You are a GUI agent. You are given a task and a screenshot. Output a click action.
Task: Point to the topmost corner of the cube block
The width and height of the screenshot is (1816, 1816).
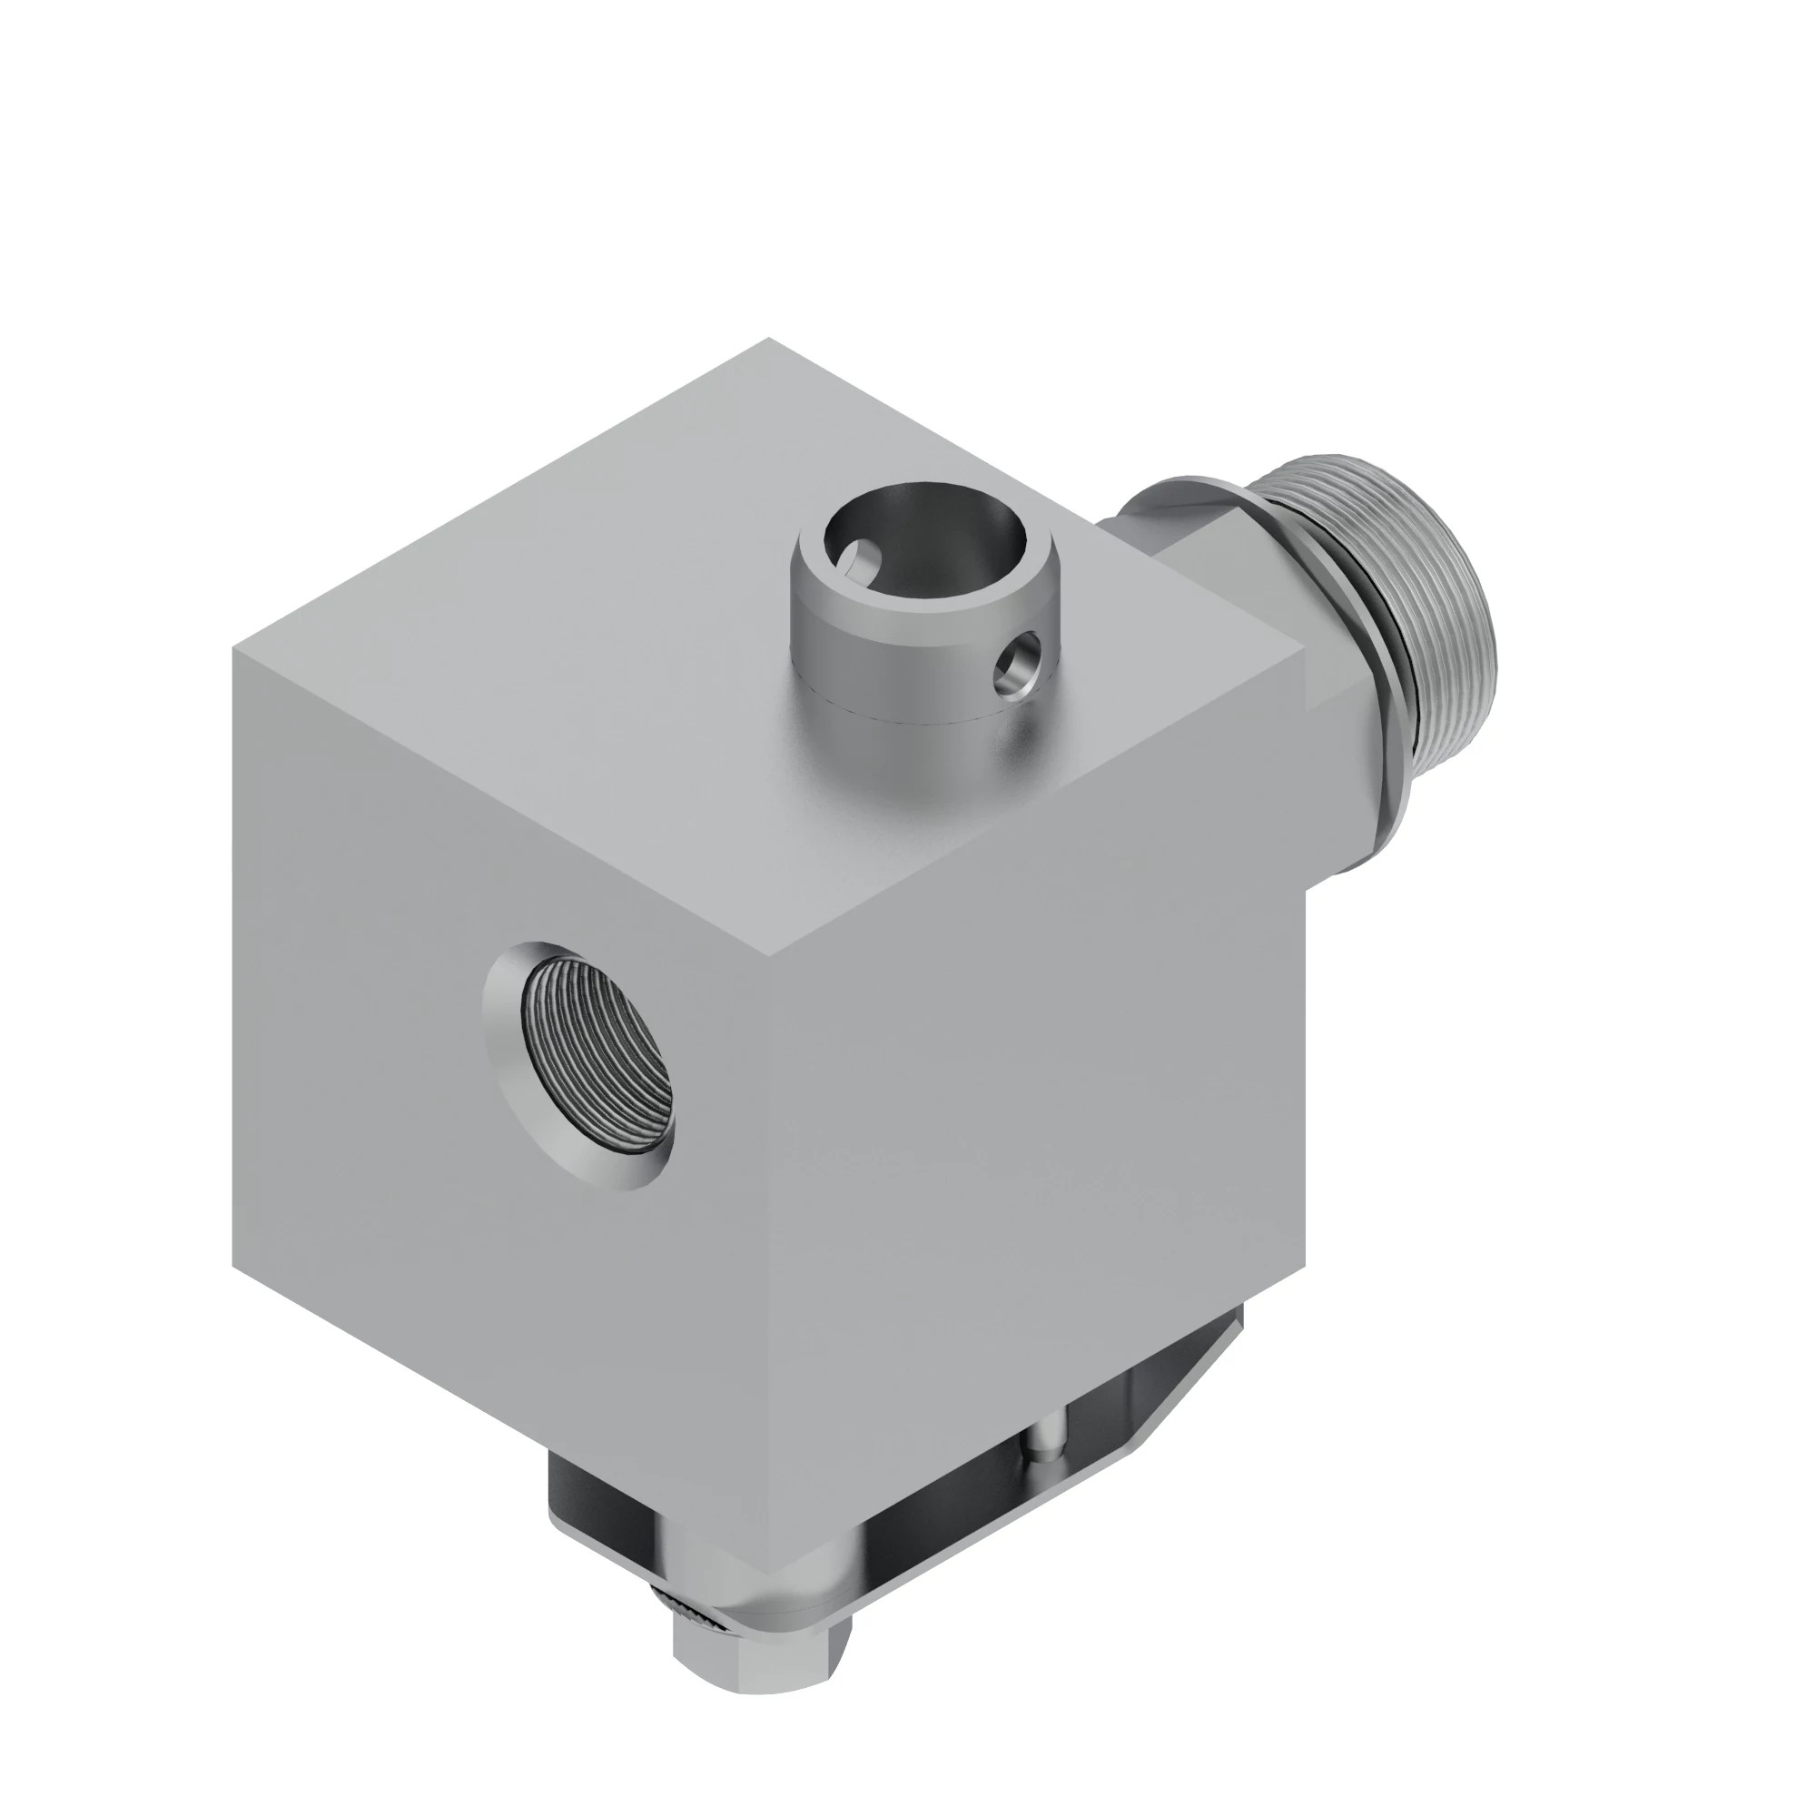tap(769, 340)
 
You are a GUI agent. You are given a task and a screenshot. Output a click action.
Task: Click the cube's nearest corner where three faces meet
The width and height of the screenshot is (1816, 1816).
tap(771, 959)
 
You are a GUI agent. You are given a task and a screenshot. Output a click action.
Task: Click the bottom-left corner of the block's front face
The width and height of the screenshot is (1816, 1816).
tap(235, 1264)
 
